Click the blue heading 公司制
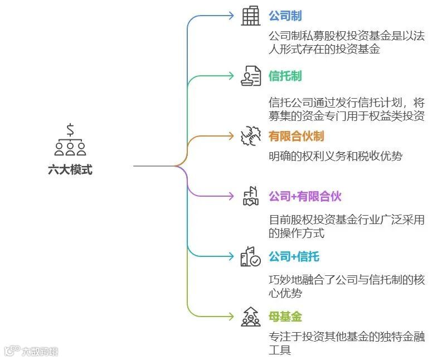285,16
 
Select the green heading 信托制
285,76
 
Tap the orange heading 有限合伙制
296,136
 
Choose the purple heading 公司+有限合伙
305,196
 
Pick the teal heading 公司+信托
294,256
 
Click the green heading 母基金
285,317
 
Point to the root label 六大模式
70,170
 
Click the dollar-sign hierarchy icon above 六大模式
70,139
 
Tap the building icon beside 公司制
251,16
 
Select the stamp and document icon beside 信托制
251,76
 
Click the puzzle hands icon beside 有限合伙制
251,136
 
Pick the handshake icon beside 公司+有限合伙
251,196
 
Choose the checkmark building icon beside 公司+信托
251,256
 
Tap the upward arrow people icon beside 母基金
251,317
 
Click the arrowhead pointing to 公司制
231,16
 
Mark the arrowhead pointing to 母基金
231,317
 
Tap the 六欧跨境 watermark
33,351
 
